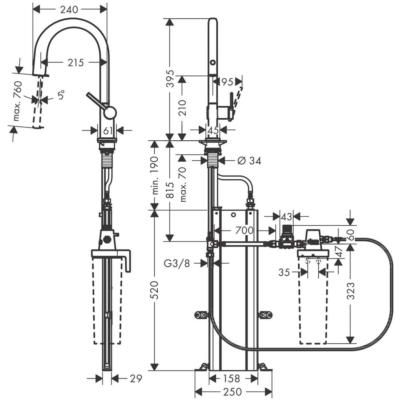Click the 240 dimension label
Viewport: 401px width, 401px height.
pos(69,10)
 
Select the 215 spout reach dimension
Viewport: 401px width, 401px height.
pos(76,63)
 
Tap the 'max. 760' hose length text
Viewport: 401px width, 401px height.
pos(18,101)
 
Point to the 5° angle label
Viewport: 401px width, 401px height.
pos(61,95)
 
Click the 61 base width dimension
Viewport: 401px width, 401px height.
pos(107,131)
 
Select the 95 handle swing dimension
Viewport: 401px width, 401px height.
pos(227,82)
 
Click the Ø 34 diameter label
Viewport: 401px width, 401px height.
pos(249,161)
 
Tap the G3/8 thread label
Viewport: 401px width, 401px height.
pos(177,264)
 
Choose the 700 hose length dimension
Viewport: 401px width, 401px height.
pos(245,230)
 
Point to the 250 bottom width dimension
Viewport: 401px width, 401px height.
pos(233,392)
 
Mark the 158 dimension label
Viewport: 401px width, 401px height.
pos(232,379)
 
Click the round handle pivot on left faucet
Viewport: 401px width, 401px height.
pos(110,113)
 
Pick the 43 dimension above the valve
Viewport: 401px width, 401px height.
pos(287,217)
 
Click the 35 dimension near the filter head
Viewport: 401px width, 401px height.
pos(284,272)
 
